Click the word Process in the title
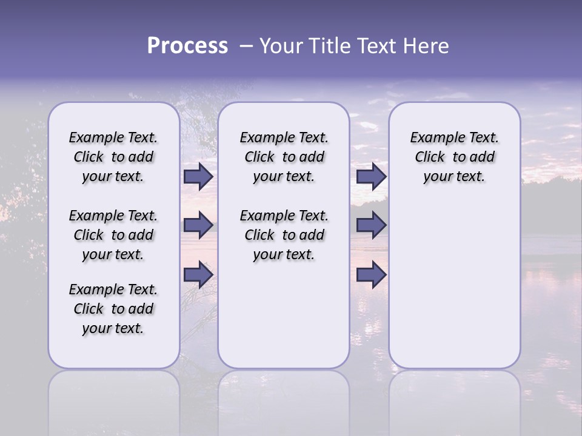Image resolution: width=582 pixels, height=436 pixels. pos(187,46)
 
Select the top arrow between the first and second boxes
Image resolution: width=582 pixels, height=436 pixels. pos(198,177)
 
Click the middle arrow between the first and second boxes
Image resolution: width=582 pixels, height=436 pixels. pos(198,225)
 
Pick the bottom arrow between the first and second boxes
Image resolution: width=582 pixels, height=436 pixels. pos(198,275)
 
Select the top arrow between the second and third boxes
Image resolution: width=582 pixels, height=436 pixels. pos(371,177)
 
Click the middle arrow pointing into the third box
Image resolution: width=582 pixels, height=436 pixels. pos(371,225)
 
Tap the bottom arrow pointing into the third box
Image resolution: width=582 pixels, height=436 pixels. pos(371,275)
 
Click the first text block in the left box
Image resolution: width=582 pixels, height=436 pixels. pos(113,157)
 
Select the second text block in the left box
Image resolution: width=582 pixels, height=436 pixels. pos(113,235)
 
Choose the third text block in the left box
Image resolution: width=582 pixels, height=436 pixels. pos(113,309)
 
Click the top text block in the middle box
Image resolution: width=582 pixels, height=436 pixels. pos(284,157)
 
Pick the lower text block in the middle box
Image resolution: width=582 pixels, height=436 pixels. pos(284,235)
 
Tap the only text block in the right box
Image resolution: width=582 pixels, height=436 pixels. pos(454,157)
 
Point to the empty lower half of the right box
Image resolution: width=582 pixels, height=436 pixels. pos(454,285)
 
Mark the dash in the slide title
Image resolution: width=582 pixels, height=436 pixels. pos(246,46)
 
